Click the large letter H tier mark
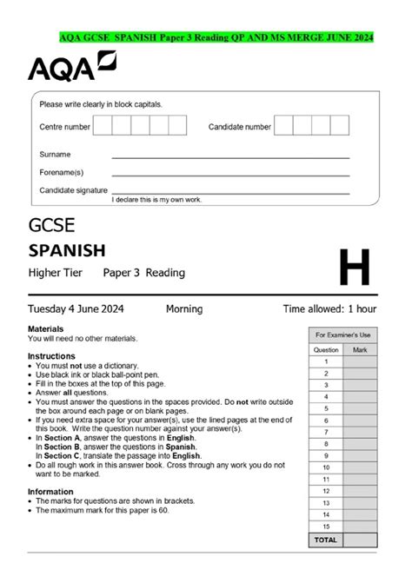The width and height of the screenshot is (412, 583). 354,268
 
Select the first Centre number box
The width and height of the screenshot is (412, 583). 103,127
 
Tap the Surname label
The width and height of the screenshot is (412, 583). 55,154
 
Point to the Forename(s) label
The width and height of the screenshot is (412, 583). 61,172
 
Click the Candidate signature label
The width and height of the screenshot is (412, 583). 73,189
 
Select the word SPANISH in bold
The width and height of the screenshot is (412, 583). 67,251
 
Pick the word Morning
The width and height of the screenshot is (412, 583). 183,308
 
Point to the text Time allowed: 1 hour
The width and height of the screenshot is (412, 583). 329,308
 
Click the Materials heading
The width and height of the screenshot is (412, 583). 46,330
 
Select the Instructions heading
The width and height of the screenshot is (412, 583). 51,356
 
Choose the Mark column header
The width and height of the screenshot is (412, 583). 360,349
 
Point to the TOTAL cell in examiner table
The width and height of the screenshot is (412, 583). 326,540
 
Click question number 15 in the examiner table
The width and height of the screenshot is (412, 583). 326,526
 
